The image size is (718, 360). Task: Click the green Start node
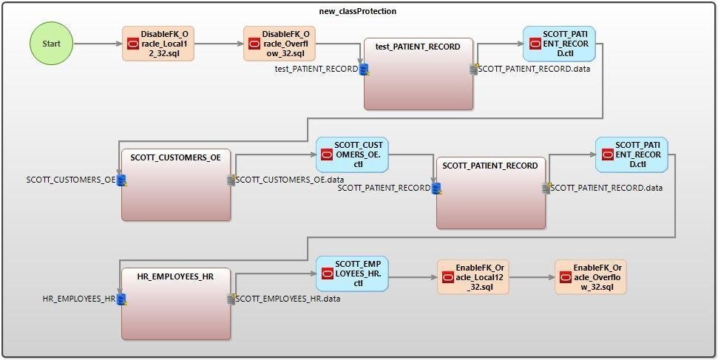(51, 44)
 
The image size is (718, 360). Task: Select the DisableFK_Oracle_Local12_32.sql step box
(158, 44)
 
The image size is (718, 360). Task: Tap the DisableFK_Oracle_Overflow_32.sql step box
(279, 44)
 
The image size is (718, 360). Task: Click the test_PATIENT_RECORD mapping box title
(418, 47)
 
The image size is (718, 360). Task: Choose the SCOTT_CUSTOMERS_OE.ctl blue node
(352, 154)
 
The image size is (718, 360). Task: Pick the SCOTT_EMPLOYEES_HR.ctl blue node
(352, 273)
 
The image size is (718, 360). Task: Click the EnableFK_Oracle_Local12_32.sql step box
(473, 277)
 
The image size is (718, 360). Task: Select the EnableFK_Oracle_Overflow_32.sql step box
(590, 277)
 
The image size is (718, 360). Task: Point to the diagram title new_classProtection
(359, 11)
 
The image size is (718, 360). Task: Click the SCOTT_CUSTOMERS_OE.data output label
(290, 180)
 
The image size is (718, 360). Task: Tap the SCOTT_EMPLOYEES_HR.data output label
(288, 299)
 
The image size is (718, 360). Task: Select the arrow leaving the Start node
(97, 44)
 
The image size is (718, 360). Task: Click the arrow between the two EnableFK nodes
(532, 277)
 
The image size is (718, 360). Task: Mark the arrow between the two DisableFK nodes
(218, 44)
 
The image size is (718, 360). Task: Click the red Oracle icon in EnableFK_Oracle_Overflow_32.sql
(565, 277)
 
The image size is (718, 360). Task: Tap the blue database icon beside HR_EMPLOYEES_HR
(122, 299)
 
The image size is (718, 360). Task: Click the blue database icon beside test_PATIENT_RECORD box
(364, 69)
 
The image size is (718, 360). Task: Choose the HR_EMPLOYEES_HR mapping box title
(175, 276)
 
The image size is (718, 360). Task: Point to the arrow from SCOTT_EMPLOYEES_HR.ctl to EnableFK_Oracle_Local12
(412, 277)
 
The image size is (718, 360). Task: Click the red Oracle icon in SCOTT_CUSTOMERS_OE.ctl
(326, 154)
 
